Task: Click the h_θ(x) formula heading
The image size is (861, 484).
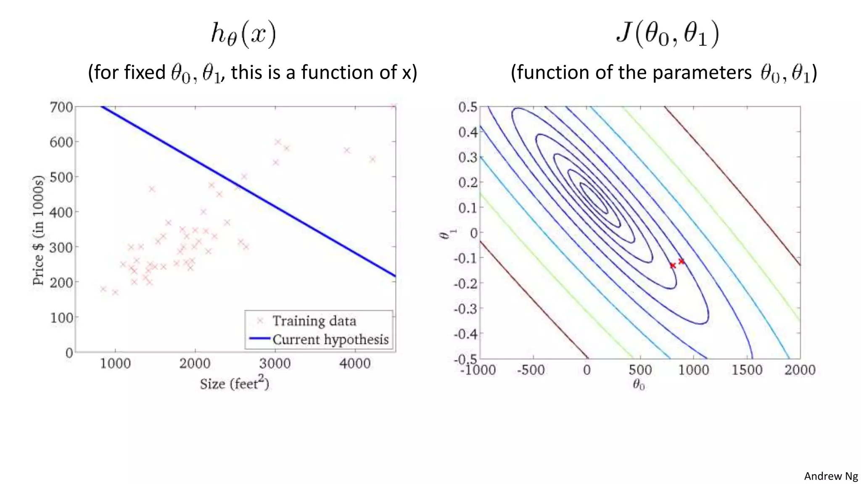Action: [x=243, y=34]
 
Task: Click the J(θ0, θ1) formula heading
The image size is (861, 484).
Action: [x=668, y=34]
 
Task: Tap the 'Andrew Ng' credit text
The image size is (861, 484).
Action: [x=831, y=476]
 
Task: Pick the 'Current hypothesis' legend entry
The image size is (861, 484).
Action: [x=330, y=339]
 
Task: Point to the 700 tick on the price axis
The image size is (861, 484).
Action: [x=61, y=107]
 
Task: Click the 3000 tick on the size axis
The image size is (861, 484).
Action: [x=275, y=363]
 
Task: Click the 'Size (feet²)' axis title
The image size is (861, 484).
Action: [x=234, y=383]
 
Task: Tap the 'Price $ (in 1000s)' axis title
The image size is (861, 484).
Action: [x=38, y=230]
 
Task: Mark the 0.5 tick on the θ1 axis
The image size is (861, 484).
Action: [x=468, y=107]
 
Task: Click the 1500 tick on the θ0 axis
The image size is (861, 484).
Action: [x=747, y=370]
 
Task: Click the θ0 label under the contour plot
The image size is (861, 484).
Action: [x=639, y=384]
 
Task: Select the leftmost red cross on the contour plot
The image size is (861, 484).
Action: [x=673, y=266]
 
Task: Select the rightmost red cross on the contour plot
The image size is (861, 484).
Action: [x=681, y=261]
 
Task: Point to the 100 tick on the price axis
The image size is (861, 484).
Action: [x=61, y=318]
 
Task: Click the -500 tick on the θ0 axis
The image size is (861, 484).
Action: [x=531, y=370]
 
